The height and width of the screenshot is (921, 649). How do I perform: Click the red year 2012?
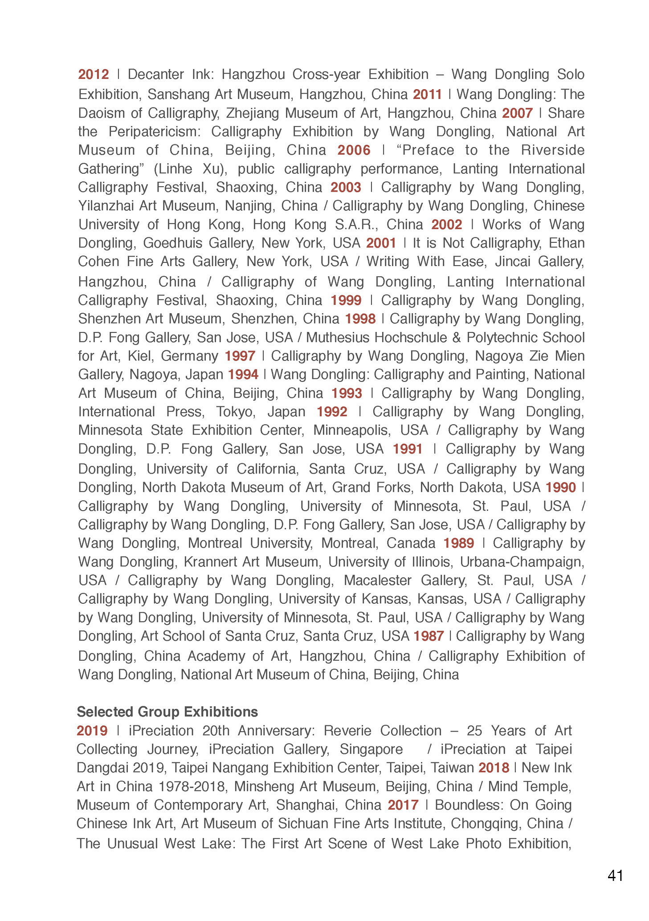tap(94, 74)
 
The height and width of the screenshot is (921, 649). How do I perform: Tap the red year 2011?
tap(427, 94)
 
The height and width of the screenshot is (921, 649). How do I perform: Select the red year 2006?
tap(354, 150)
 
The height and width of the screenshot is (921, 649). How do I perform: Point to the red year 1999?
tap(346, 300)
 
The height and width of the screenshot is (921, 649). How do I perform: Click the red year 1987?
tap(429, 636)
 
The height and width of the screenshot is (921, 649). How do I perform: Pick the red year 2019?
tap(92, 731)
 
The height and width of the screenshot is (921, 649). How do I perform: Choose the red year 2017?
tap(403, 805)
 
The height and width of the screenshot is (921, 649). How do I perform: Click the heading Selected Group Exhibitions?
tap(167, 712)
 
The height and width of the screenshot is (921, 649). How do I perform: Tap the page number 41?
tap(615, 876)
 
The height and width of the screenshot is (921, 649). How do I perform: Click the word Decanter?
tap(156, 74)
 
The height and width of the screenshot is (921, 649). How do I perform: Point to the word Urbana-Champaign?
tap(522, 562)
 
